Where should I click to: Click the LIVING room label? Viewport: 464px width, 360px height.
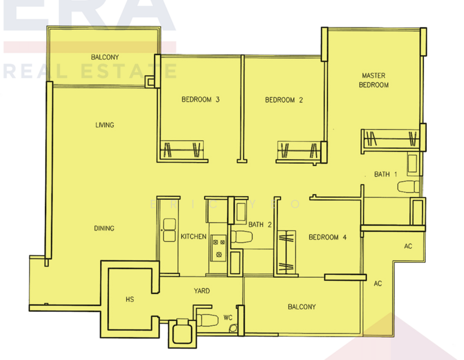(104, 125)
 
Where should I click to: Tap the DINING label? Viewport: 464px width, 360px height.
(104, 229)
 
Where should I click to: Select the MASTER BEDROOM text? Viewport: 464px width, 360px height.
(373, 80)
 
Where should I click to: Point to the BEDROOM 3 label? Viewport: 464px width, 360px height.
(200, 100)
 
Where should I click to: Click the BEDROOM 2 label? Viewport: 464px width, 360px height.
(284, 100)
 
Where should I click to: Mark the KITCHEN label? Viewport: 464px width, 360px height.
(194, 237)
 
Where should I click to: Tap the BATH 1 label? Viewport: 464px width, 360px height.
(385, 175)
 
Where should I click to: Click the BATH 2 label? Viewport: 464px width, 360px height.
(260, 224)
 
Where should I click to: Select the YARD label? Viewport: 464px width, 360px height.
(201, 291)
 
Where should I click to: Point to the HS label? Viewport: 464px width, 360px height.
(129, 299)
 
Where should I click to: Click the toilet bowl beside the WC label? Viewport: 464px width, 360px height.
(206, 319)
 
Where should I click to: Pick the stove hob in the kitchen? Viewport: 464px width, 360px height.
(217, 248)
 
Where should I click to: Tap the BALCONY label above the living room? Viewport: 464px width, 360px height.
(105, 58)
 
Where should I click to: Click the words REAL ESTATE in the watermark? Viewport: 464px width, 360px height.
(90, 72)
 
